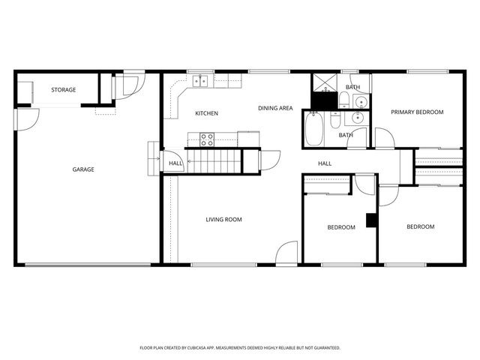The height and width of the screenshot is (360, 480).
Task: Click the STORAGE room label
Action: click(63, 90)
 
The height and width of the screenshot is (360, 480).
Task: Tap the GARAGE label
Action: click(83, 169)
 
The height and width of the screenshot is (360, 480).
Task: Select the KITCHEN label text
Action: click(207, 113)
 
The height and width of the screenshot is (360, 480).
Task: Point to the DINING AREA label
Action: click(275, 109)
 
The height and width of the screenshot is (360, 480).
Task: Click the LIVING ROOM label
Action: click(223, 220)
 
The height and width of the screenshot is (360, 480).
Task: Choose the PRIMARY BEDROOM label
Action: click(417, 112)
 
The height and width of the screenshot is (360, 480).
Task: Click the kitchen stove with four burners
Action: click(207, 139)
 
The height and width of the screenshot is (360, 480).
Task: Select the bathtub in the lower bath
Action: click(313, 130)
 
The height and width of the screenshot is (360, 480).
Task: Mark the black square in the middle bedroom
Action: click(370, 220)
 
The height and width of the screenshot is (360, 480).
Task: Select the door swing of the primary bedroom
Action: click(383, 138)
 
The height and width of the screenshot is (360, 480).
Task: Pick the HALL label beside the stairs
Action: click(175, 163)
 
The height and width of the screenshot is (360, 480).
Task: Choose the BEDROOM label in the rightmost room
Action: click(421, 226)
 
